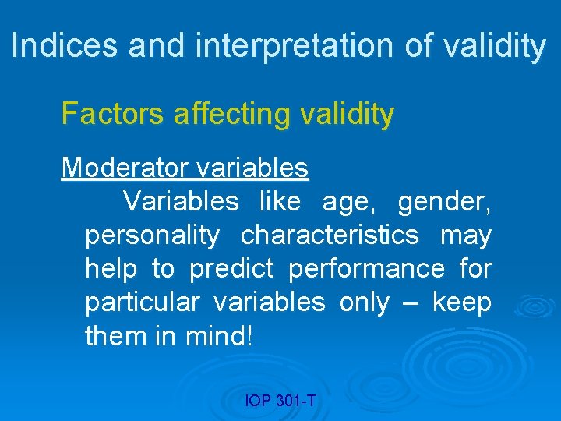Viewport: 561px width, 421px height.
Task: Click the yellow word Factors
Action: (113, 115)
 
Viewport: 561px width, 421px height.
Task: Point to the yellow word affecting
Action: (235, 115)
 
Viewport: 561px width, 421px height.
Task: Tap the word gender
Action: (444, 202)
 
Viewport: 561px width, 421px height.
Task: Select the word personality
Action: (153, 235)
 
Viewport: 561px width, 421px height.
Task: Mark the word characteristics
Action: (330, 235)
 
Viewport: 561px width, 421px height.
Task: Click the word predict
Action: (231, 268)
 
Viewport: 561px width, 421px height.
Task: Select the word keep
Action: (462, 302)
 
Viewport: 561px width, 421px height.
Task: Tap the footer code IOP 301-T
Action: (280, 402)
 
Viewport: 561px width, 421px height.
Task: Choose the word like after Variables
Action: (279, 201)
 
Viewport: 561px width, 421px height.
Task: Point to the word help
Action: (111, 268)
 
